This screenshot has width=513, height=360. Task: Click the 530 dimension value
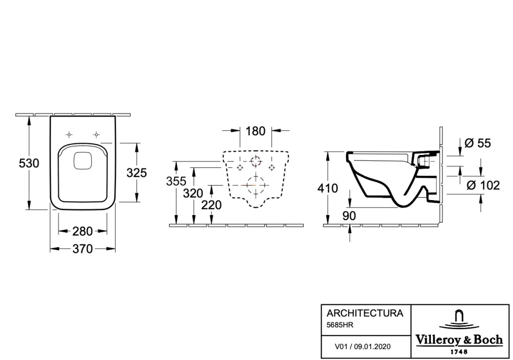[x=29, y=163]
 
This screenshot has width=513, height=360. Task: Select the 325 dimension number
[x=137, y=172]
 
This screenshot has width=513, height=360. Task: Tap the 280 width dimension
[x=83, y=231]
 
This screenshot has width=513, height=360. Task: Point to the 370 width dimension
[x=83, y=249]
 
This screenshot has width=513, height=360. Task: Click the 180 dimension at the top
[x=255, y=131]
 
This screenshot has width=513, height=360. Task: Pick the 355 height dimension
[x=176, y=181]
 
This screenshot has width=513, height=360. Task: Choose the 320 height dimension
[x=193, y=193]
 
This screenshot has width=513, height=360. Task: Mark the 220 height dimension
[x=211, y=205]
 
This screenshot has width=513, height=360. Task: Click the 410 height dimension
[x=328, y=189]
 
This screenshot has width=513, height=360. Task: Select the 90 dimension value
[x=349, y=216]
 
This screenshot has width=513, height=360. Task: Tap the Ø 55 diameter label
[x=477, y=143]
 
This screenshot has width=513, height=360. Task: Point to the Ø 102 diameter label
[x=483, y=186]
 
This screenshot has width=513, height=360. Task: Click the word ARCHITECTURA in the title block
[x=365, y=313]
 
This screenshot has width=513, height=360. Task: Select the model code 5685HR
[x=340, y=325]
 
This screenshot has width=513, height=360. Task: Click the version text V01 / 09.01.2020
[x=363, y=346]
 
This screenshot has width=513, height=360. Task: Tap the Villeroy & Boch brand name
[x=459, y=340]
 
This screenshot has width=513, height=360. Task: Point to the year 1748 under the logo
[x=459, y=352]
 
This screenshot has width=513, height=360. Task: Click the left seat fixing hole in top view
[x=69, y=135]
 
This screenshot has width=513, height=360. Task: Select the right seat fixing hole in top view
[x=96, y=135]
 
